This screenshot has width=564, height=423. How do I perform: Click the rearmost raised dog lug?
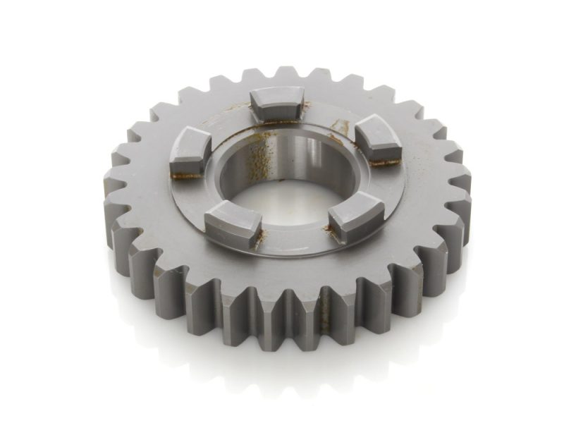coord(277,104)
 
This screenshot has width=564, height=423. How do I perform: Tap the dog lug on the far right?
coord(377,141)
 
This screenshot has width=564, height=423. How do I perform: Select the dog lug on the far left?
coord(190,151)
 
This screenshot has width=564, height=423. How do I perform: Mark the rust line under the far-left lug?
coord(185,175)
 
